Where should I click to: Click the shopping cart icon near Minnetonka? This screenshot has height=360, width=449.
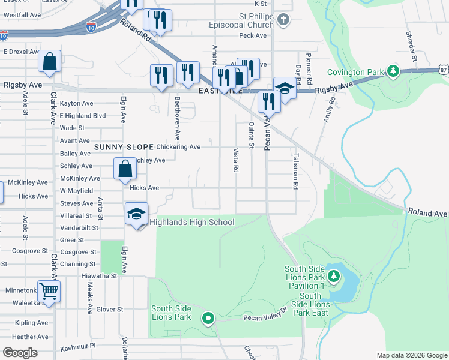(x=49, y=292)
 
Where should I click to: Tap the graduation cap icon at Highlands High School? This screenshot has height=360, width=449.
(x=137, y=214)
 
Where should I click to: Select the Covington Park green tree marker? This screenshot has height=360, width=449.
(x=393, y=72)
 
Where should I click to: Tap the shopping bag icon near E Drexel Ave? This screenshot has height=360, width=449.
(x=50, y=61)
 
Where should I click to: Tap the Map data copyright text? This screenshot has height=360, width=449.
(x=412, y=355)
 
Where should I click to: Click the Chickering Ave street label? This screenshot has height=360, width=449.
(x=178, y=147)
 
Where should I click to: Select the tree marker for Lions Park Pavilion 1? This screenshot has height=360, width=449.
(x=334, y=277)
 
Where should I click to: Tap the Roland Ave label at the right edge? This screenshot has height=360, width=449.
(x=427, y=213)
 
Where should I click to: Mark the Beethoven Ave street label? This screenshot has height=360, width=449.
(x=177, y=117)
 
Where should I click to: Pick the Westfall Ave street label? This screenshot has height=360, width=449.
(x=22, y=14)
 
